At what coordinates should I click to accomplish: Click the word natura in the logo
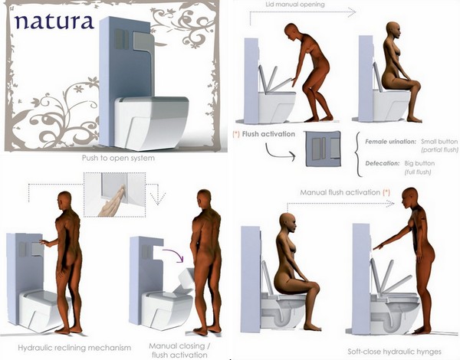54,21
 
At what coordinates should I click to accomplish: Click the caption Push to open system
118,159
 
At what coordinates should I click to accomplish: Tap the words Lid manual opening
295,5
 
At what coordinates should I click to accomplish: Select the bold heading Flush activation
268,134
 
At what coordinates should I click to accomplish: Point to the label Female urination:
391,142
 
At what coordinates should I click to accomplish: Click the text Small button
439,142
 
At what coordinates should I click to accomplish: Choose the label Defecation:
383,163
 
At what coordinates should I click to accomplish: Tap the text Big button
419,163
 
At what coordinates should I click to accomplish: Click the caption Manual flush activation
340,192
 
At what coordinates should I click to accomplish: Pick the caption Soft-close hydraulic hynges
394,352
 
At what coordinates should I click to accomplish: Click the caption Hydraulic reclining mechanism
74,348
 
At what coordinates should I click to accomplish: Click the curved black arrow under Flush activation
280,152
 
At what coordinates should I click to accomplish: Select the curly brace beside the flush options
358,155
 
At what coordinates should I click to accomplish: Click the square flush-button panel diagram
323,149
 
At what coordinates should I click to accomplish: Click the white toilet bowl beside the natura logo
152,123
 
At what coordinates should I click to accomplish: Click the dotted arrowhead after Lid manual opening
351,12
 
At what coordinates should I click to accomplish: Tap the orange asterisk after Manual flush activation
386,192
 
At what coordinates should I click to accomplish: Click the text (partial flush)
439,150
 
